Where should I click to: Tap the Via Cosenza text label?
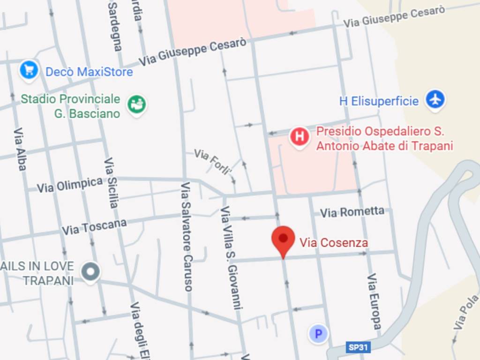[x=334, y=243]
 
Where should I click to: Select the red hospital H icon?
[x=300, y=137]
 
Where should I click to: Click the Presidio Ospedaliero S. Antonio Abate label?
[x=384, y=139]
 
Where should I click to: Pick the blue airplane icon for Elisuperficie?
[x=435, y=99]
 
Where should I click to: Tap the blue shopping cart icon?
[x=29, y=70]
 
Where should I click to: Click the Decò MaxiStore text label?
[x=89, y=72]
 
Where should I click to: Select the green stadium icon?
[x=137, y=104]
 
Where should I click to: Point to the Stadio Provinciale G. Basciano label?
[x=70, y=106]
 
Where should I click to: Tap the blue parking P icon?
[x=318, y=334]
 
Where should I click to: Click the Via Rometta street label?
[x=352, y=212]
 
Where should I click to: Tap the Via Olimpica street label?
[x=70, y=185]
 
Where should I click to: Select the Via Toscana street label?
[x=94, y=227]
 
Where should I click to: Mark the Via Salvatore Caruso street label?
[x=187, y=237]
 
